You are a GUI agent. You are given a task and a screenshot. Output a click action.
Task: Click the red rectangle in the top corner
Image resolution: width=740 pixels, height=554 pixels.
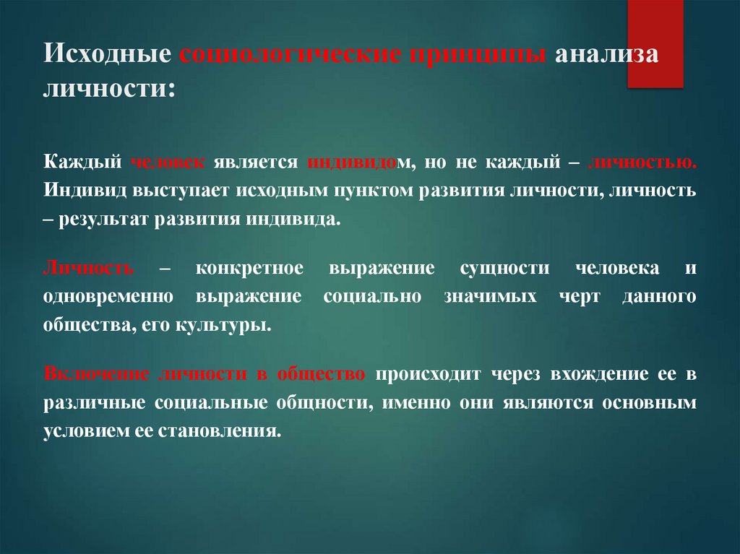click(655, 43)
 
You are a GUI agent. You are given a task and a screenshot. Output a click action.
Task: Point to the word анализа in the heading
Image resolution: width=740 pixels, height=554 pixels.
click(606, 56)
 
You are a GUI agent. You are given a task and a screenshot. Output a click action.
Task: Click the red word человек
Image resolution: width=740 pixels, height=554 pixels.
click(168, 163)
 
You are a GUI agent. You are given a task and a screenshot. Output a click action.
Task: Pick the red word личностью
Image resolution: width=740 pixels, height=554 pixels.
click(643, 163)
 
